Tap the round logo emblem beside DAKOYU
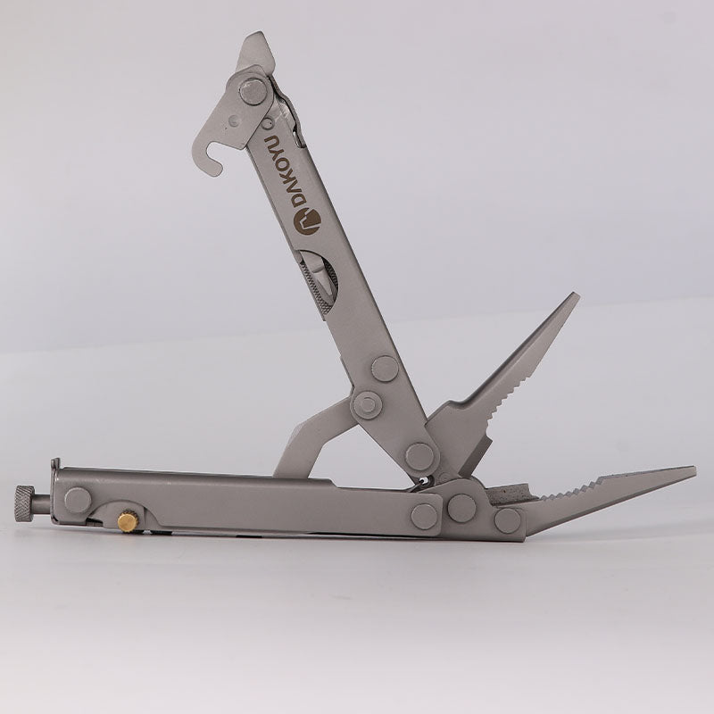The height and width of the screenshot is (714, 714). pos(307,220)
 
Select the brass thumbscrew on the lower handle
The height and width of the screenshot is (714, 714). pos(129,521)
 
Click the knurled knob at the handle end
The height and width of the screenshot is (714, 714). pos(25,503)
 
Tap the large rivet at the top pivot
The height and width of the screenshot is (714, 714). pos(253,92)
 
